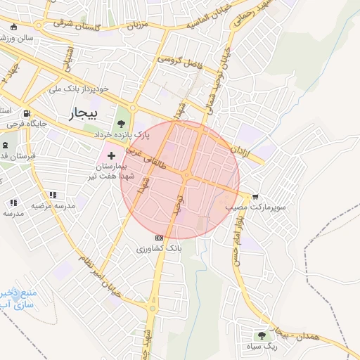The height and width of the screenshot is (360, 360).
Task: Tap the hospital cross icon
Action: (111, 154)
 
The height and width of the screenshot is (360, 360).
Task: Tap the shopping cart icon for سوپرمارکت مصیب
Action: (255, 197)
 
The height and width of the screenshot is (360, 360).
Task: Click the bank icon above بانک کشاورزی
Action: (159, 238)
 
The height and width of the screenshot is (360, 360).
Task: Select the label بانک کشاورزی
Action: (160, 249)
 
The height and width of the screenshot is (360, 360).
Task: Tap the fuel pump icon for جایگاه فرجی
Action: (27, 113)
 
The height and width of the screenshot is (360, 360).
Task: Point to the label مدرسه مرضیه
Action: (55, 205)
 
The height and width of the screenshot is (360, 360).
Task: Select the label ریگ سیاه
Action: (263, 346)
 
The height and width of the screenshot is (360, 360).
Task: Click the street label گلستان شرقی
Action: (78, 25)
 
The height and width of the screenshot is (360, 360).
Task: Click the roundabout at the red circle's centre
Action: (187, 174)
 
